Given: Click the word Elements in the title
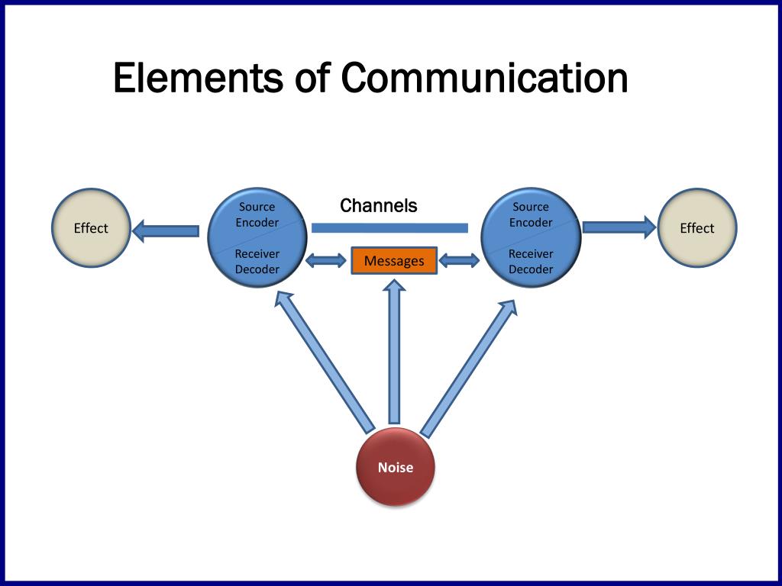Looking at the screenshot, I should pyautogui.click(x=196, y=79).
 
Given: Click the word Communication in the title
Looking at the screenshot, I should pyautogui.click(x=484, y=79).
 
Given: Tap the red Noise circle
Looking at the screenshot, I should pyautogui.click(x=396, y=467).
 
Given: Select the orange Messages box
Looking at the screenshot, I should pyautogui.click(x=394, y=261).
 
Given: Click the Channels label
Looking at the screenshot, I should pyautogui.click(x=379, y=205).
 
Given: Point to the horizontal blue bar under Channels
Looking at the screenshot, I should pyautogui.click(x=389, y=227).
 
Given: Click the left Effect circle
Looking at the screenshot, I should pyautogui.click(x=91, y=228).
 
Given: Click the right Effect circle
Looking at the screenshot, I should pyautogui.click(x=696, y=228).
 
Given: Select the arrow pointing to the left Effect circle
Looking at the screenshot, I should pyautogui.click(x=166, y=230).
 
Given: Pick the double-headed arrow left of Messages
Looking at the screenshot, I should pyautogui.click(x=326, y=261).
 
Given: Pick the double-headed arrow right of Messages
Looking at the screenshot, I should pyautogui.click(x=459, y=261).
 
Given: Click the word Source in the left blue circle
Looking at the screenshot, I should pyautogui.click(x=257, y=207).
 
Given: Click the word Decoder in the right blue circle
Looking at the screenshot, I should pyautogui.click(x=531, y=269).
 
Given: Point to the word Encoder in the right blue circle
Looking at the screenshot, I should pyautogui.click(x=531, y=223).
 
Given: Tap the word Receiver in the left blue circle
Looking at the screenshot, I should pyautogui.click(x=257, y=253).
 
